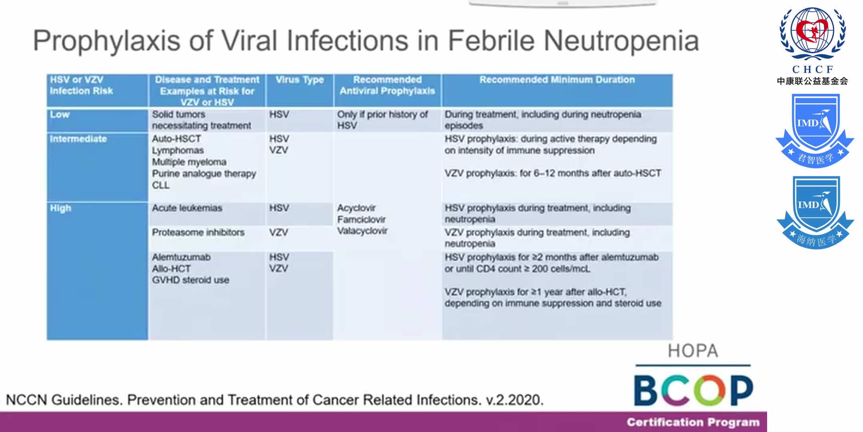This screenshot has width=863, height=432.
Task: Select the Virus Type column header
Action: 300,80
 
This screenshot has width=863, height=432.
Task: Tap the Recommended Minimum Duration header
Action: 557,80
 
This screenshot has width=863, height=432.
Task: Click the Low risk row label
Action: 60,114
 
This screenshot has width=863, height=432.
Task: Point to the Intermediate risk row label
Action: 78,139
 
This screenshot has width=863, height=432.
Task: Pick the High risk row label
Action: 60,208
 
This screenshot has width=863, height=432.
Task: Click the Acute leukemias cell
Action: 187,208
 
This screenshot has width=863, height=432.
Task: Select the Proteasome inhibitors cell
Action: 198,232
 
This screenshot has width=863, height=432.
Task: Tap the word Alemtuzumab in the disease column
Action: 181,257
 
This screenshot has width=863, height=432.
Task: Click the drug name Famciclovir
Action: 361,219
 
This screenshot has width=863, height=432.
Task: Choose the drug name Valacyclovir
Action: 362,231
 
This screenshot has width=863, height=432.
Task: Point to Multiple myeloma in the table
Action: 189,162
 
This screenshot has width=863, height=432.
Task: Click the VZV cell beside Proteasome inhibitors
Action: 278,232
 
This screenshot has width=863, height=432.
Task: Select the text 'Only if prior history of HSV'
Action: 382,120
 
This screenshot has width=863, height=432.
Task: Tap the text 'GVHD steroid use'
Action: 190,280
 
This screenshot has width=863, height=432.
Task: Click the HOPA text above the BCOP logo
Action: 693,351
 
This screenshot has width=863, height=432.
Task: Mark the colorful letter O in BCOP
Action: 709,390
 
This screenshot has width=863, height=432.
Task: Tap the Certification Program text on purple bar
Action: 693,422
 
